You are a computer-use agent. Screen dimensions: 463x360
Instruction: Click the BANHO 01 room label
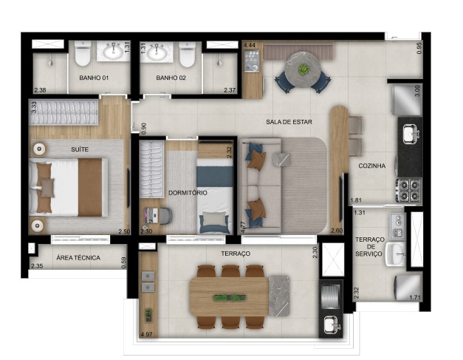[x=94, y=78]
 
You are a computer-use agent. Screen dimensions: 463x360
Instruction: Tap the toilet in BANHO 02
[x=188, y=54]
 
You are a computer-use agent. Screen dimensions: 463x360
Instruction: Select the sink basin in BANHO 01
[x=113, y=51]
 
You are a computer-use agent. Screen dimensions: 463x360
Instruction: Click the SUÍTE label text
[x=80, y=149]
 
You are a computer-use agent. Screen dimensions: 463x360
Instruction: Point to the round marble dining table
[x=302, y=69]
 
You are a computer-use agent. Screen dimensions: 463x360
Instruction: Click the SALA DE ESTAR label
[x=289, y=122]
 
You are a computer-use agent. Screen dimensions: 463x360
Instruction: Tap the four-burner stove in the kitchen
[x=408, y=190]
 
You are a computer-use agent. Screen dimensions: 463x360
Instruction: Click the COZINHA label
[x=371, y=166]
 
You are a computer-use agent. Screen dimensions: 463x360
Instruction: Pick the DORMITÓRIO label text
[x=188, y=193]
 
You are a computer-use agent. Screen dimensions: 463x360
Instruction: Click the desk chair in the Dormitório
[x=165, y=216]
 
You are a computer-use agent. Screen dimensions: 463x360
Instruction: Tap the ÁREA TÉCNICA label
[x=78, y=258]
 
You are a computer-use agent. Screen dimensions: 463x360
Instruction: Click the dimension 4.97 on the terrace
[x=146, y=335]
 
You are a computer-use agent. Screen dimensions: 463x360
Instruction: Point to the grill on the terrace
[x=331, y=296]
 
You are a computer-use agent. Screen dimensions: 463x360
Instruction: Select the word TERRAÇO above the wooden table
[x=236, y=254]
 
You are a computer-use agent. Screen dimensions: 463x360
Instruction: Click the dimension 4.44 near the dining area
[x=250, y=46]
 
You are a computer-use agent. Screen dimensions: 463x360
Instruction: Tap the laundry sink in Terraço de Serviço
[x=396, y=254]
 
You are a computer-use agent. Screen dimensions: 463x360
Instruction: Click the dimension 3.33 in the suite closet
[x=34, y=108]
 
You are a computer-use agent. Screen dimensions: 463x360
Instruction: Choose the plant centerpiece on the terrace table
[x=229, y=298]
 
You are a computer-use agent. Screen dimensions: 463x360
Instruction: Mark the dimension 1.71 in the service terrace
[x=414, y=297]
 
